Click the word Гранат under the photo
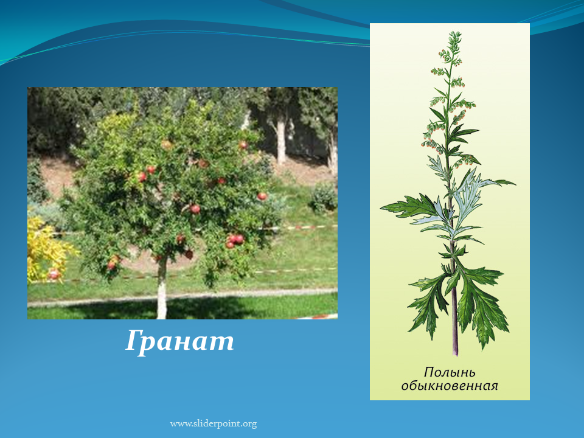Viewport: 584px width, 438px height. (179, 341)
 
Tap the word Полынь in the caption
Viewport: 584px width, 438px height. (450, 372)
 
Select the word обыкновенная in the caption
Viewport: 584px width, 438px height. (450, 386)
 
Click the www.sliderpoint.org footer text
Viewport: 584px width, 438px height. (214, 424)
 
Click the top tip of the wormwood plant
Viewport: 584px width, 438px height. (455, 33)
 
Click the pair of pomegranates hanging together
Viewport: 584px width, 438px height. (235, 241)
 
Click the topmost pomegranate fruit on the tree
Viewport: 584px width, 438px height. (243, 145)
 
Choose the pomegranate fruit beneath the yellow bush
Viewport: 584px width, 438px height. (54, 274)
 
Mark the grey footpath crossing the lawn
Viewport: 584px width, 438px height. (182, 297)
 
